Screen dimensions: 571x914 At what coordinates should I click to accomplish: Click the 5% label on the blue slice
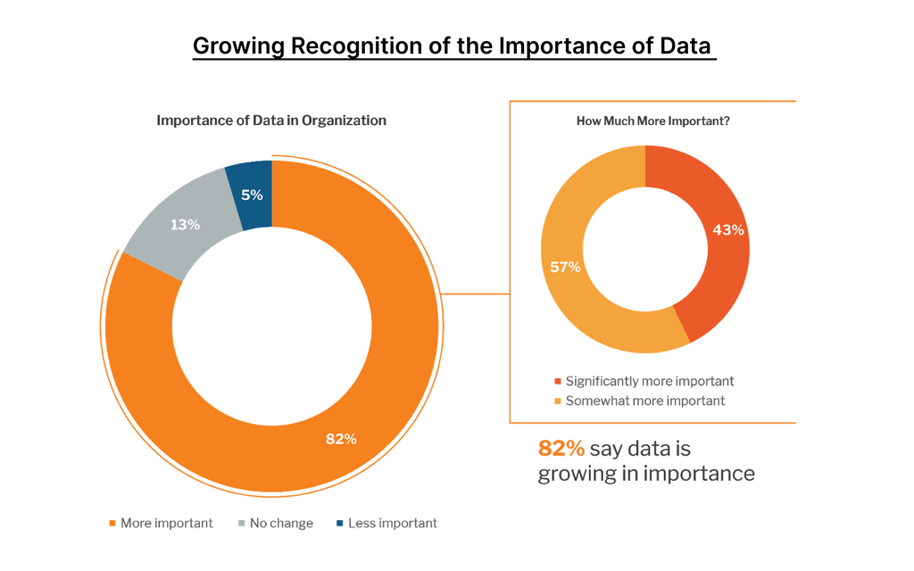coord(252,194)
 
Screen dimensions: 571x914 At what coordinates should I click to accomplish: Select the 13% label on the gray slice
coord(185,225)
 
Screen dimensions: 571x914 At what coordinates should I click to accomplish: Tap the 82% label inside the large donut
coord(341,438)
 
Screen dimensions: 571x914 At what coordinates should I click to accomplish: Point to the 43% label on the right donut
coord(727,229)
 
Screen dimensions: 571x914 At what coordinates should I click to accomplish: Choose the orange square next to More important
coord(112,524)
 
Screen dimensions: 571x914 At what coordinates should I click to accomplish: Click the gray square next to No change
coord(241,524)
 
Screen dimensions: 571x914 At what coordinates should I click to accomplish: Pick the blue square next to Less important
coord(340,524)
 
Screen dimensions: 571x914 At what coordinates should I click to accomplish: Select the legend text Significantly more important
coord(650,381)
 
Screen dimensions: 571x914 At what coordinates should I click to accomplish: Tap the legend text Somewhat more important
coord(645,401)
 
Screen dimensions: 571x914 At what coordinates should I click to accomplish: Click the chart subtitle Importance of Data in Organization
coord(271,120)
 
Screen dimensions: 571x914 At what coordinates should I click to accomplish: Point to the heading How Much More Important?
coord(653,121)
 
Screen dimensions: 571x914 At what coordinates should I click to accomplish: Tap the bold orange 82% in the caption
coord(560,448)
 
